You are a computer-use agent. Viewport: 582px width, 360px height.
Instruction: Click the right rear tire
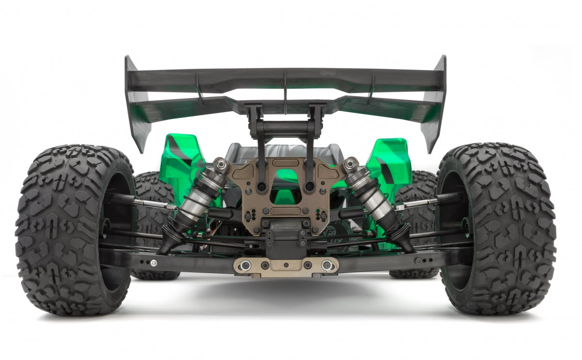[x=504, y=228]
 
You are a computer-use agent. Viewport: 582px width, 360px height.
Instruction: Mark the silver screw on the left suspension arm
[x=154, y=263]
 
